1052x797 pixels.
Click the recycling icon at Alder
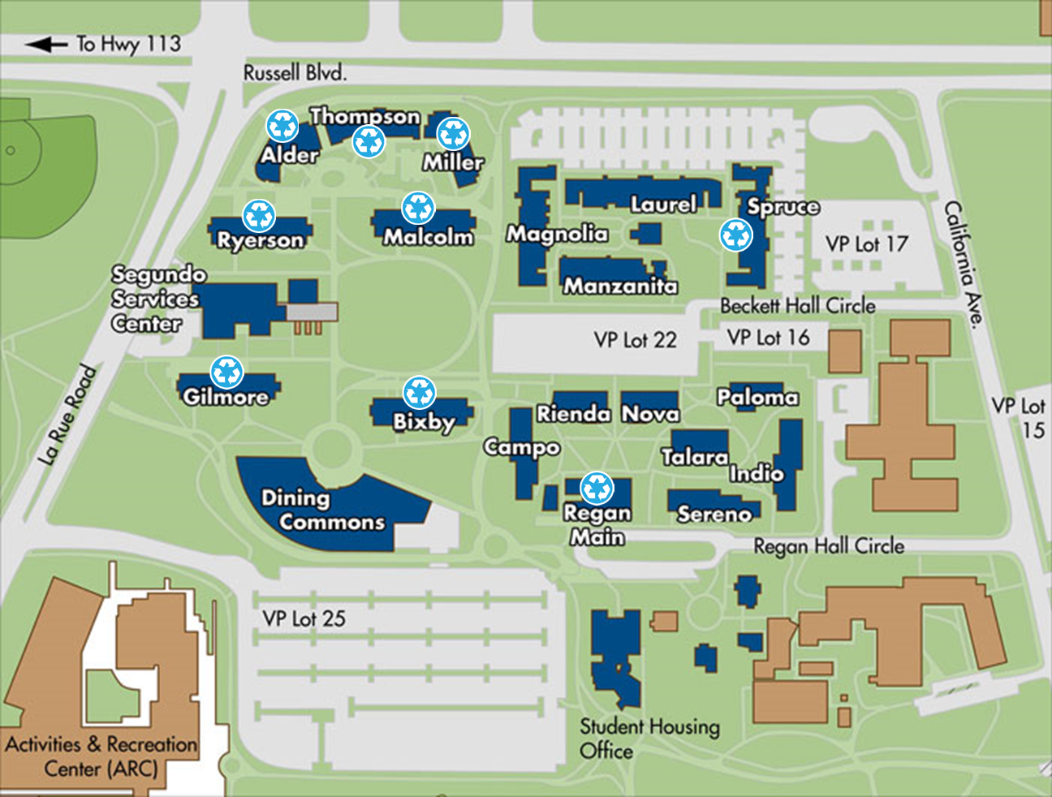[x=282, y=126]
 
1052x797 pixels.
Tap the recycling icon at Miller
[x=453, y=134]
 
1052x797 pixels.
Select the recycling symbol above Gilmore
[x=227, y=372]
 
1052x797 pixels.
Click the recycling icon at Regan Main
[x=597, y=488]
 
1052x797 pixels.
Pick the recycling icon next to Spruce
[x=736, y=235]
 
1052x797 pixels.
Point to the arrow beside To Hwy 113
[x=46, y=44]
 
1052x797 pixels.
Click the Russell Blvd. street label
[x=295, y=73]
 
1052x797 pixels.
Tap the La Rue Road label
[x=68, y=416]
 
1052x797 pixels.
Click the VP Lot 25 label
[x=304, y=618]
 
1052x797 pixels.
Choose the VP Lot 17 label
[x=866, y=243]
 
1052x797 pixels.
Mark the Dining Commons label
[x=322, y=510]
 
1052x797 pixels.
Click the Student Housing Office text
[x=649, y=738]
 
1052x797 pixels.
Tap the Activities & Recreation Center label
[x=101, y=756]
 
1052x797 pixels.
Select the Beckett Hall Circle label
[x=798, y=306]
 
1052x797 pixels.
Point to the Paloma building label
[x=757, y=397]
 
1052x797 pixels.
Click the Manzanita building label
[x=620, y=286]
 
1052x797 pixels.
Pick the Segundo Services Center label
[x=157, y=299]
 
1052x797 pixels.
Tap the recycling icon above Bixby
[x=420, y=393]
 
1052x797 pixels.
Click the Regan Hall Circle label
[x=829, y=546]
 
